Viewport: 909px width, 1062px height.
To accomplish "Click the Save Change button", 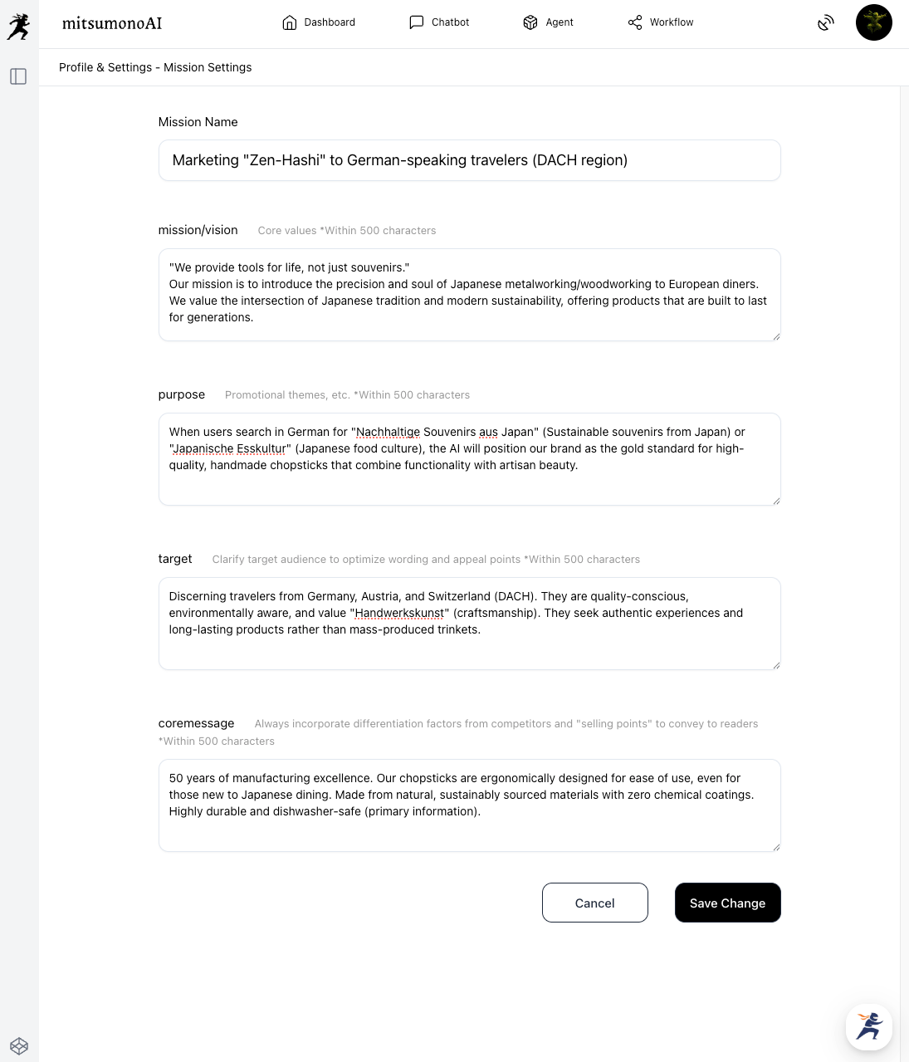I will click(x=727, y=903).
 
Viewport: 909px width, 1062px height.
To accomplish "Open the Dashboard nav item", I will click(x=319, y=22).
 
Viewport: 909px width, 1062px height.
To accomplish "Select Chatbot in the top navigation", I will click(x=439, y=22).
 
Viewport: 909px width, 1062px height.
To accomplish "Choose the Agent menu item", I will click(x=548, y=22).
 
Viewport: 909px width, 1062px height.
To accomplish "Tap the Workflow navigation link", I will click(x=660, y=22).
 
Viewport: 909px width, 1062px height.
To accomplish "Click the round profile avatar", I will click(x=873, y=22).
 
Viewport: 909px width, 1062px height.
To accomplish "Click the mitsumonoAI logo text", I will click(x=112, y=23).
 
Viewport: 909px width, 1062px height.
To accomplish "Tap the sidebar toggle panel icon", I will click(x=18, y=76).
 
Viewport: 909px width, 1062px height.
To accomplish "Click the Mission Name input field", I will click(x=469, y=160).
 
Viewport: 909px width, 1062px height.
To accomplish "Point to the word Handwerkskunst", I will click(x=399, y=613).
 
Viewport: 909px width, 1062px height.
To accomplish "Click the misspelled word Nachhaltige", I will click(x=388, y=432).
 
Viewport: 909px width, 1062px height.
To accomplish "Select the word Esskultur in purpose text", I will click(x=261, y=448).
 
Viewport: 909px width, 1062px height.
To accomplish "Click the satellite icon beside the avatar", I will click(x=825, y=23).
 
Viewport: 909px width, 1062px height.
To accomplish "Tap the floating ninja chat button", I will click(x=868, y=1026).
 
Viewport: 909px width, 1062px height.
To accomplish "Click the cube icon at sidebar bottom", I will click(x=19, y=1046).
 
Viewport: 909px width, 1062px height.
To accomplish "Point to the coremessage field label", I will click(x=196, y=723).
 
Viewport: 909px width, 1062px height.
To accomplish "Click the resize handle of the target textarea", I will click(x=776, y=665).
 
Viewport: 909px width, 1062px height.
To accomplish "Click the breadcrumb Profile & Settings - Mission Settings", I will click(x=155, y=67).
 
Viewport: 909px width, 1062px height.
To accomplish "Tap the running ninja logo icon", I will click(x=18, y=27).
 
